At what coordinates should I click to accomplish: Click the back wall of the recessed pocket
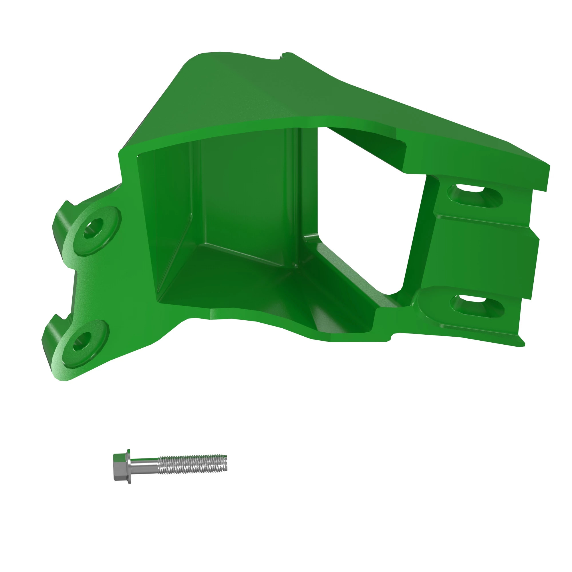coord(246,192)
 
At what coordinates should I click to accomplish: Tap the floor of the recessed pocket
coord(237,281)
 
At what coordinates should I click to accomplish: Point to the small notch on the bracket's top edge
coord(282,56)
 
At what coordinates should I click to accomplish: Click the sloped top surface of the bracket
coord(296,89)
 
